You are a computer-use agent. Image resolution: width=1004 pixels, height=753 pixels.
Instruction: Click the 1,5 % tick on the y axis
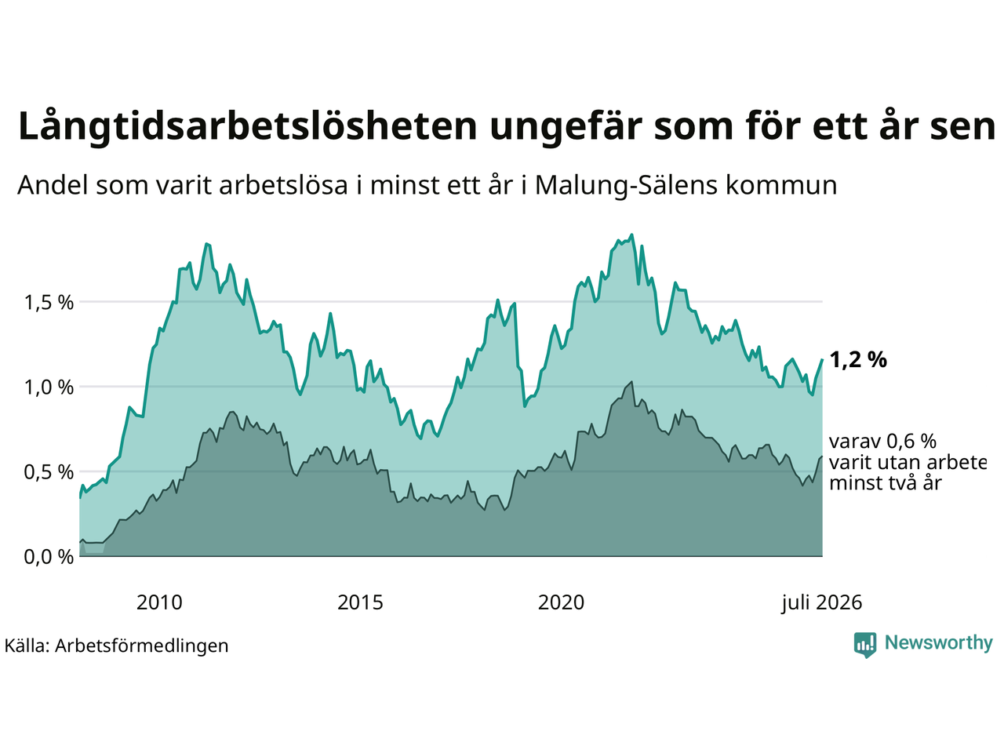tap(49, 303)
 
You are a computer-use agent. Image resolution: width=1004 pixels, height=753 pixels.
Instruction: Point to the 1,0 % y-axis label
tap(49, 387)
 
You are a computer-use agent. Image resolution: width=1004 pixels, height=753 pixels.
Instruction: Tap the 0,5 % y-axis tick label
tap(49, 472)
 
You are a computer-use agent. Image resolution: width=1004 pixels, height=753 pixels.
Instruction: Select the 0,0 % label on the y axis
tap(49, 558)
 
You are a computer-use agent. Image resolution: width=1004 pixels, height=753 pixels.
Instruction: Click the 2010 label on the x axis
tap(159, 602)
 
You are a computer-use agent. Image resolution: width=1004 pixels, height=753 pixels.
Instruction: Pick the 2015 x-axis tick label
tap(360, 602)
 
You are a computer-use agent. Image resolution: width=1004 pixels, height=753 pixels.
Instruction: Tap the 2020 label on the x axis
tap(561, 602)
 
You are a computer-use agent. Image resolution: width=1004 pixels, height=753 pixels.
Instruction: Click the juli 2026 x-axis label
tap(821, 602)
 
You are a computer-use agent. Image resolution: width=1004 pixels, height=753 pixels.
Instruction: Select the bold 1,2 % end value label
tap(858, 360)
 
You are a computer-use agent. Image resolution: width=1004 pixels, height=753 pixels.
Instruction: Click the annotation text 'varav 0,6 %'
tap(882, 442)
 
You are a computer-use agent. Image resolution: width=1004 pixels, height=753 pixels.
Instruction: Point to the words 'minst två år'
tap(886, 483)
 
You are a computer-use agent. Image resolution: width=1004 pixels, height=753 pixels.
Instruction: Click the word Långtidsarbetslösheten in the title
tap(247, 126)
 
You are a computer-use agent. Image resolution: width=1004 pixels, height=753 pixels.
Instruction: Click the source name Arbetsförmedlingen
tap(142, 646)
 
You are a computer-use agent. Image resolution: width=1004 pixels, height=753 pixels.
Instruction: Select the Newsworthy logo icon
tap(865, 644)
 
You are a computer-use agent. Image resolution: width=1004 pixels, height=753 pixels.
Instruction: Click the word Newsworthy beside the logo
tap(939, 643)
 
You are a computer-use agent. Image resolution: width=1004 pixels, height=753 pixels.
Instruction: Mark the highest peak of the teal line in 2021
tap(631, 235)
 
